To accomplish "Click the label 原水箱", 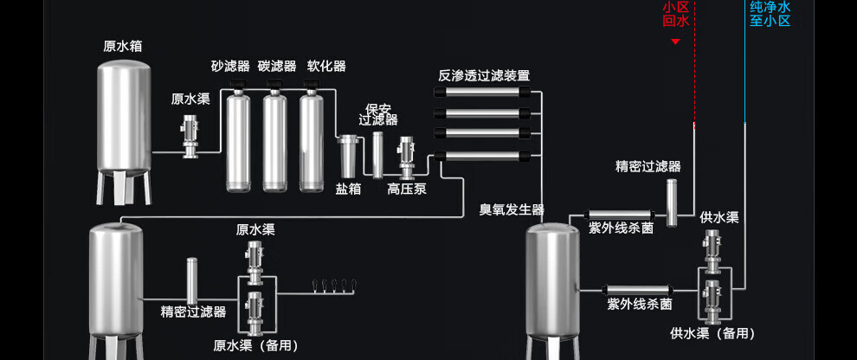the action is click(122, 47).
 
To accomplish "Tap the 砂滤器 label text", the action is click(230, 67).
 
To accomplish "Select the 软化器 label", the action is click(326, 66).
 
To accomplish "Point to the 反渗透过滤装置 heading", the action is click(484, 75).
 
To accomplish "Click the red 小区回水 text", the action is click(675, 14).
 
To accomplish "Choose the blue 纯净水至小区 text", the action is click(770, 14).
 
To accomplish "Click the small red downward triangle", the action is click(675, 42).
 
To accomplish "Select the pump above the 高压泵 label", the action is click(406, 157).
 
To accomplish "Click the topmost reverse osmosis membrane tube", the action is click(481, 92).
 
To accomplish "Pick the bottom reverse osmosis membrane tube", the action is click(481, 157).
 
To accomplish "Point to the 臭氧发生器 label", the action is click(512, 209).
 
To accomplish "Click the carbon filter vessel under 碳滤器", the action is click(275, 138).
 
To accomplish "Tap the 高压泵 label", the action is click(407, 189).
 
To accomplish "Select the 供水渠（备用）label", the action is click(712, 333).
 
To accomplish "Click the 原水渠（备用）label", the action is click(255, 345).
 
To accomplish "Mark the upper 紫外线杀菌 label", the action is click(621, 228).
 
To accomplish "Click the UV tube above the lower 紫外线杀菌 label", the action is click(636, 290).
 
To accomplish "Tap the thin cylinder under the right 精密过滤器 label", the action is click(672, 202).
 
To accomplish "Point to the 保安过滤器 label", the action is click(377, 113).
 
